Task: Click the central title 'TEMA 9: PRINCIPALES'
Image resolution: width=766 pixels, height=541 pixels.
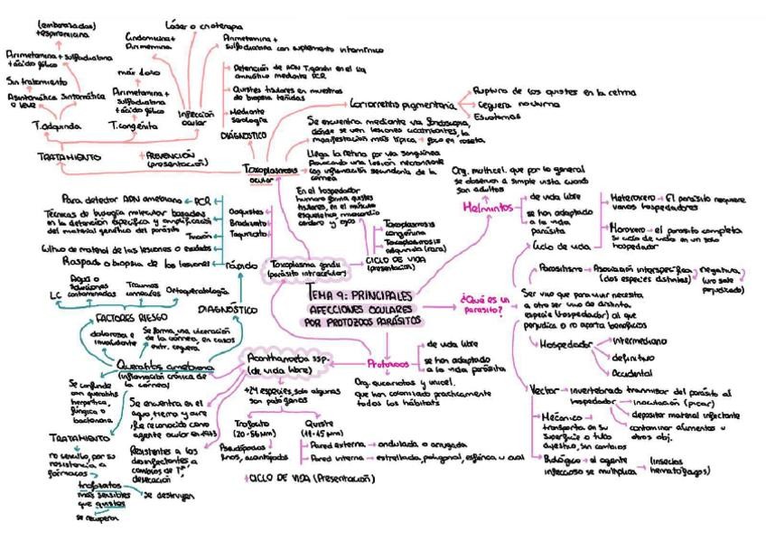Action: coord(359,294)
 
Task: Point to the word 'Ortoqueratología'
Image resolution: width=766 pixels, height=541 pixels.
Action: coord(201,291)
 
